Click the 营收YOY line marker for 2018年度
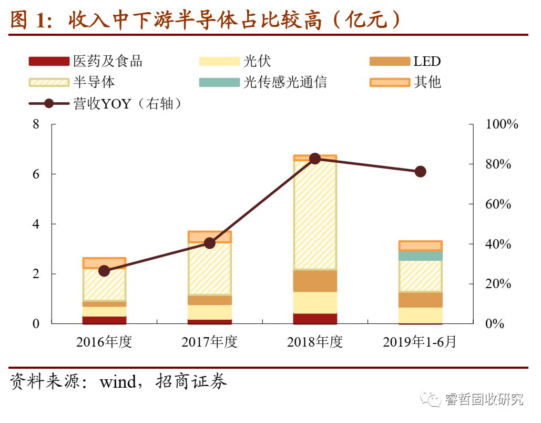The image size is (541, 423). point(315,159)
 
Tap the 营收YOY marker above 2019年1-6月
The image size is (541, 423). point(420,172)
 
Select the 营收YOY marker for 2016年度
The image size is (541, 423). point(104,271)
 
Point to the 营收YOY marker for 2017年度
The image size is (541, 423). point(210,243)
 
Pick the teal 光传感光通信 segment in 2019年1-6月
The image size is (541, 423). point(420,255)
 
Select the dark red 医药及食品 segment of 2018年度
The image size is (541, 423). point(315,318)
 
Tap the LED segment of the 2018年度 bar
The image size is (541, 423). point(315,281)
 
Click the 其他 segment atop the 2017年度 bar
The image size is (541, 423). point(210,237)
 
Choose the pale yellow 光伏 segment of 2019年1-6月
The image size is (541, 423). point(420,315)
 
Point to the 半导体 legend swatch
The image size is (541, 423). point(49,82)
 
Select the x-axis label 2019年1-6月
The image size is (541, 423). point(420,342)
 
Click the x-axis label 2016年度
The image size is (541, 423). point(104,342)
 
